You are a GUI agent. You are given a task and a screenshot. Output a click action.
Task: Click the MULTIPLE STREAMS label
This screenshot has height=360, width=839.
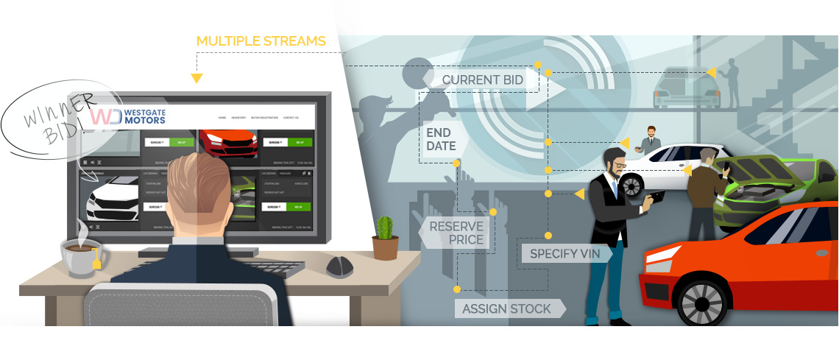(261, 41)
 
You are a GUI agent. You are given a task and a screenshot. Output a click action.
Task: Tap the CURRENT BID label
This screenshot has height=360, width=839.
(483, 80)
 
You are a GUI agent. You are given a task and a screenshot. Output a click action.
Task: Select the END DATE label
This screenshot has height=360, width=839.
(441, 139)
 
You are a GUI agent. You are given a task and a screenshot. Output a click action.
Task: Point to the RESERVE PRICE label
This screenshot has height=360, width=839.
(456, 233)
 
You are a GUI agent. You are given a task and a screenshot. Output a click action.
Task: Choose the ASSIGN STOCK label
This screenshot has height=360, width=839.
(506, 308)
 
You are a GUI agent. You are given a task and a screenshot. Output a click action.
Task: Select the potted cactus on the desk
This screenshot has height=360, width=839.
(384, 237)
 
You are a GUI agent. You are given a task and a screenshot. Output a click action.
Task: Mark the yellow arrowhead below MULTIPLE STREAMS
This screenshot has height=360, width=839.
(197, 78)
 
